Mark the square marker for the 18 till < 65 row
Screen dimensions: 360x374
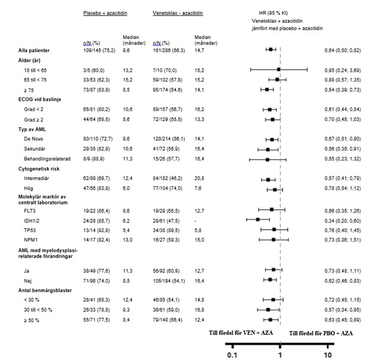tap(279, 70)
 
